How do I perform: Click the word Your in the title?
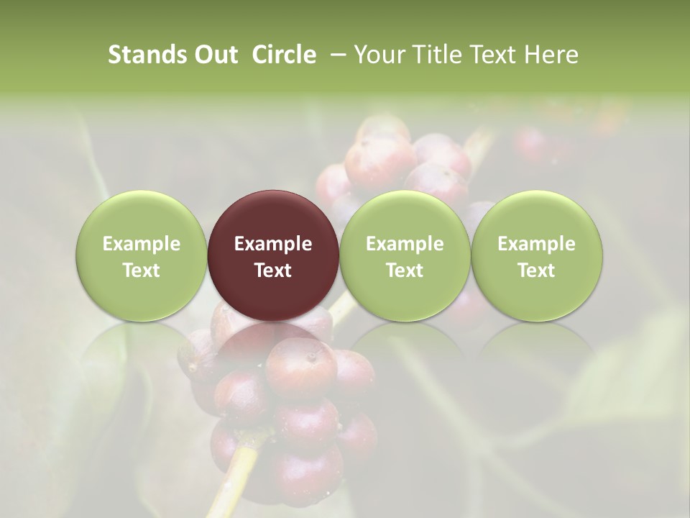coord(379,55)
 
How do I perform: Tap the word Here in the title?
coord(550,55)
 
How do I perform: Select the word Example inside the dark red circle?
coord(273,244)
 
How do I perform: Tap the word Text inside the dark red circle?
coord(273,271)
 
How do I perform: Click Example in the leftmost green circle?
coord(142,244)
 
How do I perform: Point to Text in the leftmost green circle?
coord(142,271)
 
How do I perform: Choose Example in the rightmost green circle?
coord(536,244)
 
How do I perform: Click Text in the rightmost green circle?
coord(536,271)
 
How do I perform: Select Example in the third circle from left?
coord(405,244)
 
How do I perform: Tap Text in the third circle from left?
coord(405,271)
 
